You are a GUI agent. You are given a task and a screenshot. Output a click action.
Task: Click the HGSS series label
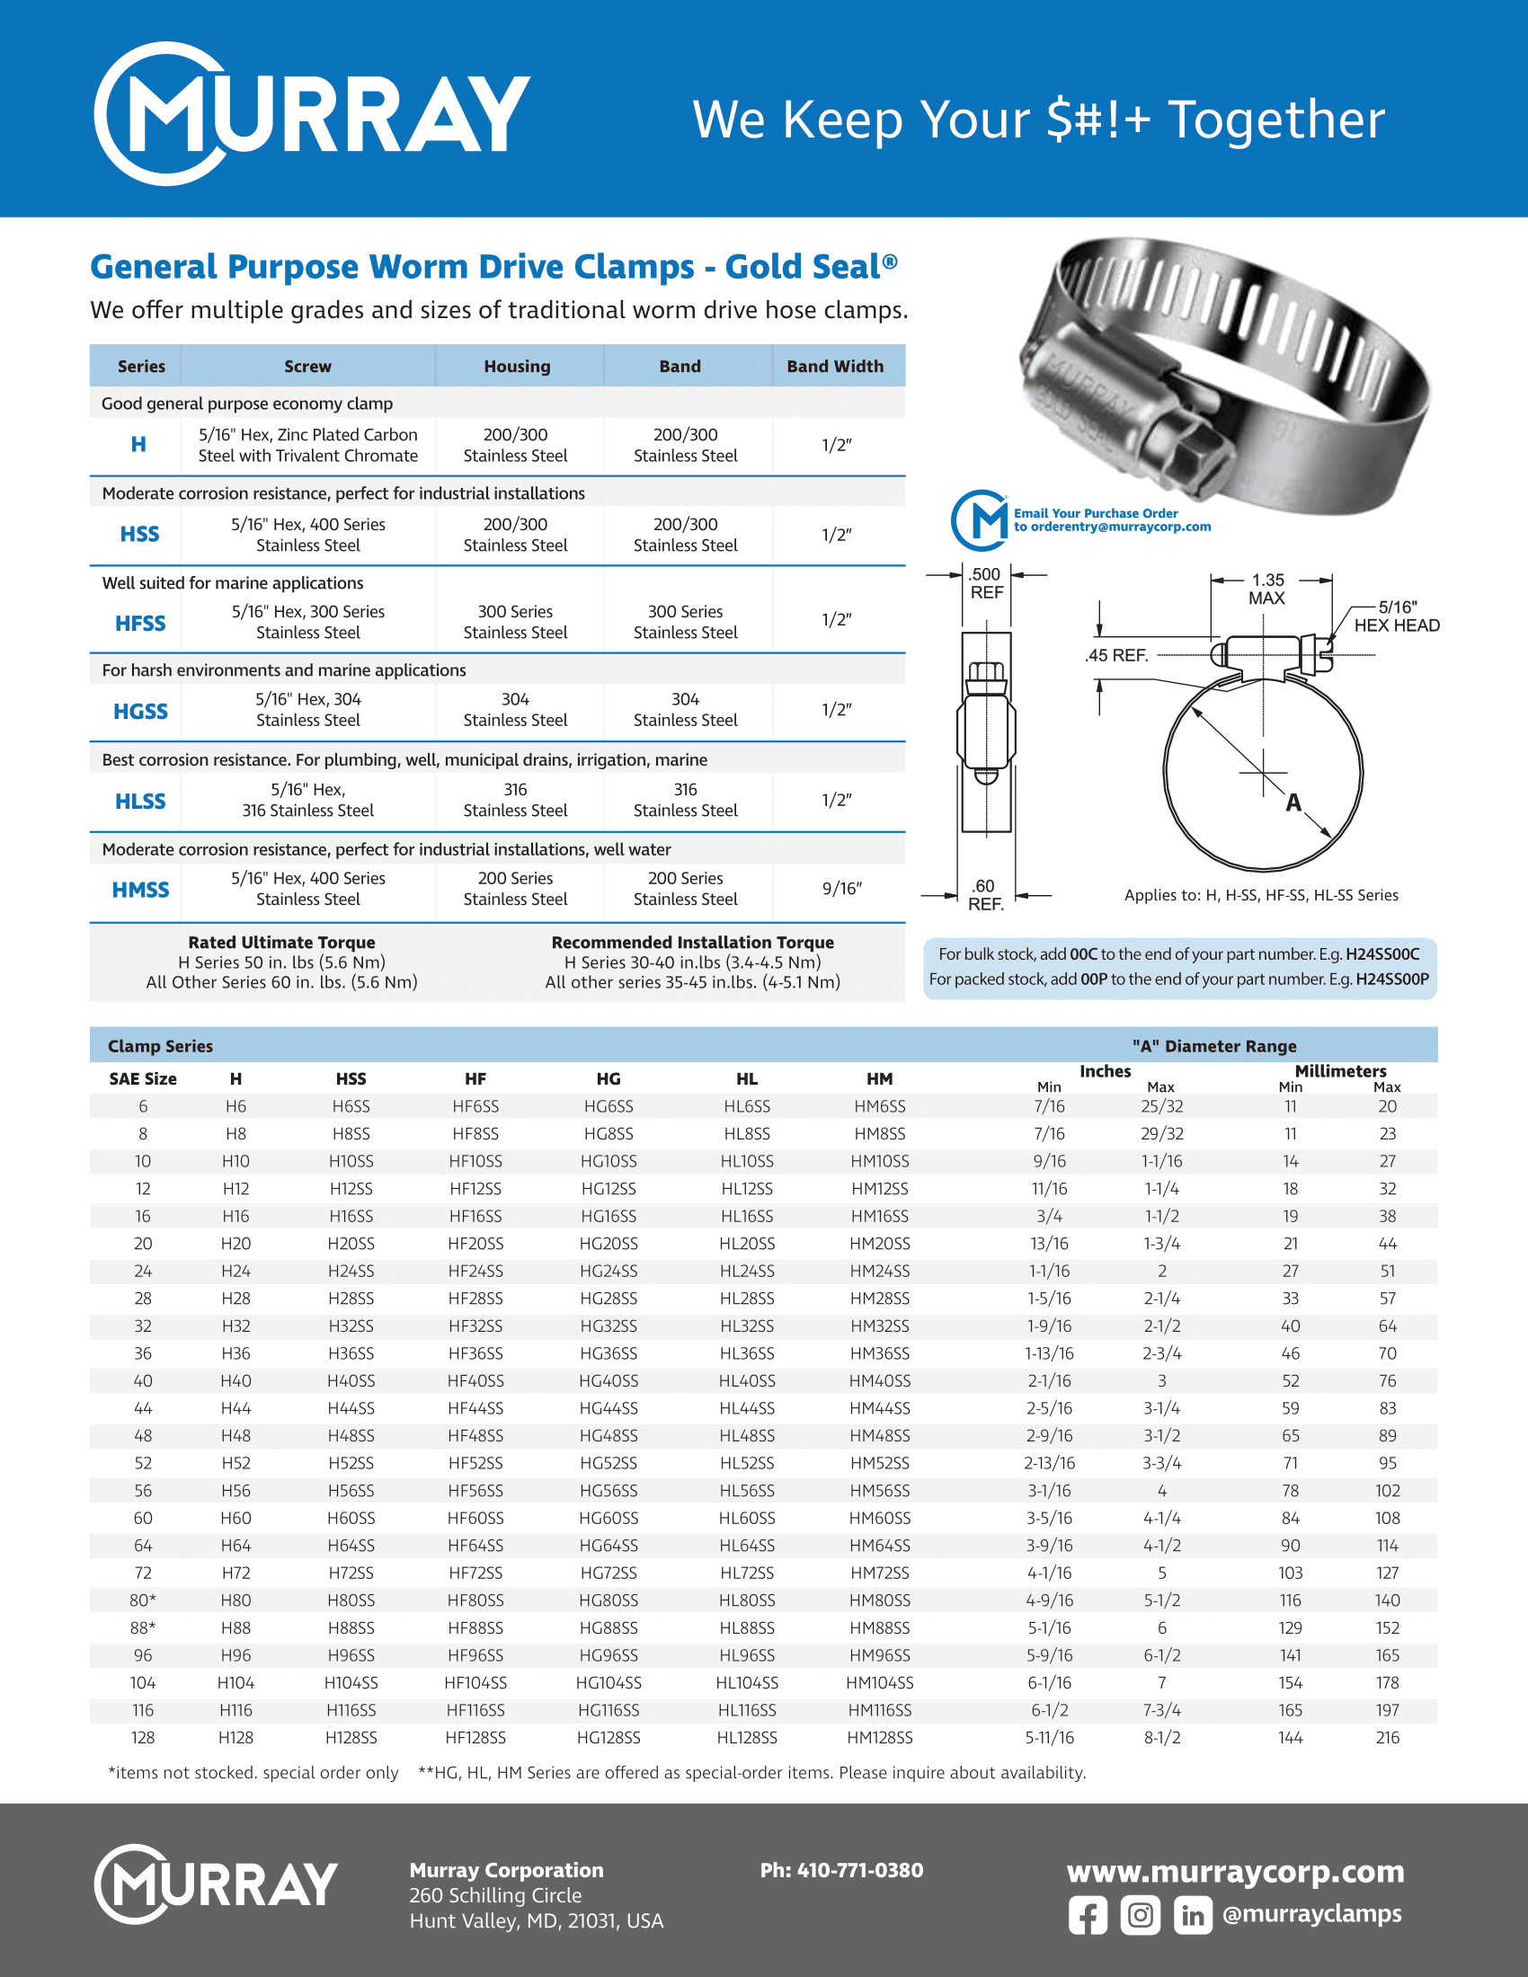140,712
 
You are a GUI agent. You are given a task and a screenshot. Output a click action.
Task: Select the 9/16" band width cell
841,889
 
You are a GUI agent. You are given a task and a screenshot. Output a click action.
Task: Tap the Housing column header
517,367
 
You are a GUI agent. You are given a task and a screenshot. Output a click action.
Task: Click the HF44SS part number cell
475,1408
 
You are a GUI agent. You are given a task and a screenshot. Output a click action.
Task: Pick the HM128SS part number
879,1738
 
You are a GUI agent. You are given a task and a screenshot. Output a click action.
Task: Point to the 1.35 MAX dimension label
1267,590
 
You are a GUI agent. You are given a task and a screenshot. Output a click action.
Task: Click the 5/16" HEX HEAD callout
1396,616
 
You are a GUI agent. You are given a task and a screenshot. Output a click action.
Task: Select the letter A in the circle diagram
1293,802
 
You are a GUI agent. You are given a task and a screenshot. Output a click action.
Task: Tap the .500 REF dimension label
986,584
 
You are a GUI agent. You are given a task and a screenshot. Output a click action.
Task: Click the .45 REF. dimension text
1116,655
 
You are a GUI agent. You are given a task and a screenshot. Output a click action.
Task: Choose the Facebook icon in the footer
1088,1917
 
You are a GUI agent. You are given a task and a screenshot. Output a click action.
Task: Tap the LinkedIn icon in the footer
1192,1917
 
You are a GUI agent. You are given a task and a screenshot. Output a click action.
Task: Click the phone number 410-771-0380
841,1870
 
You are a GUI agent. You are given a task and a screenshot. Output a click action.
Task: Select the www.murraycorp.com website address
1235,1871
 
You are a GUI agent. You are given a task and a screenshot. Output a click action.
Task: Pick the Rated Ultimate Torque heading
281,943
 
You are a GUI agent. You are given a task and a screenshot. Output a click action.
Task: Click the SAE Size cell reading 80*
143,1600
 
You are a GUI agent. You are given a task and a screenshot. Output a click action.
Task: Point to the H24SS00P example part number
1391,979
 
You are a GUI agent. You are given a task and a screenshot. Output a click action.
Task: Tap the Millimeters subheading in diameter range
1340,1071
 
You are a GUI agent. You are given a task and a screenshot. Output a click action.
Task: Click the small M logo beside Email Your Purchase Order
981,520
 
